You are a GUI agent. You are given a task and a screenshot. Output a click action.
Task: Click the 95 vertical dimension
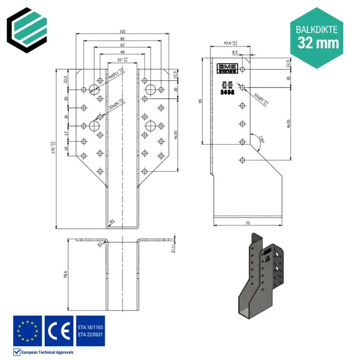pyautogui.click(x=200, y=101)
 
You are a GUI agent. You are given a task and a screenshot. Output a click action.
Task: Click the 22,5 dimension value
pyautogui.click(x=65, y=79)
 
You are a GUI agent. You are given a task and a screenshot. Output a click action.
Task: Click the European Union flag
pyautogui.click(x=27, y=331)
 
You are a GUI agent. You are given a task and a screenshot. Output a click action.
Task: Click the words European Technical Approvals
pyautogui.click(x=47, y=352)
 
